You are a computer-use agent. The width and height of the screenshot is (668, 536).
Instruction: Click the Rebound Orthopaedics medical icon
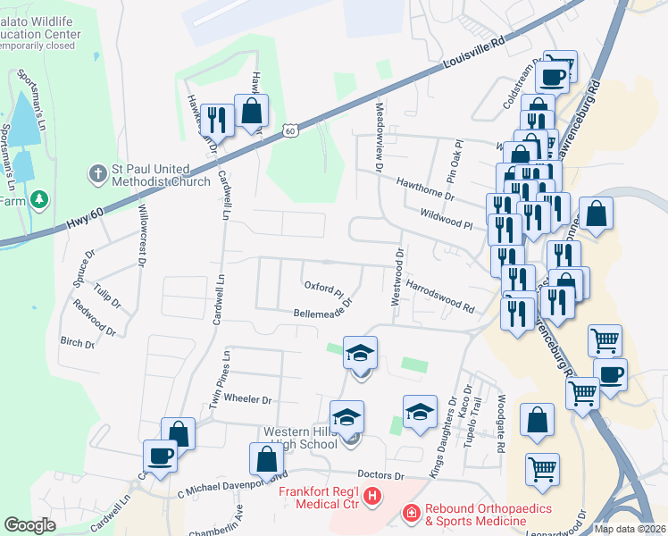click(x=411, y=513)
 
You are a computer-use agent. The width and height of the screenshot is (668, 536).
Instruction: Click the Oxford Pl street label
click(x=323, y=289)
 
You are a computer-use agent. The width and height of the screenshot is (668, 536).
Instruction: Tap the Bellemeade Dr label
click(x=322, y=314)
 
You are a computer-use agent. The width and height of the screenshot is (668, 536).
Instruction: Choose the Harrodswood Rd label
click(x=439, y=296)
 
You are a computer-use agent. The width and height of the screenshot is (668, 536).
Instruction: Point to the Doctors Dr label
click(x=380, y=475)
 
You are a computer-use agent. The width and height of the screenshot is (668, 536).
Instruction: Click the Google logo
click(x=30, y=524)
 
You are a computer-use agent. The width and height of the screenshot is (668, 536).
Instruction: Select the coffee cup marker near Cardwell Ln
click(x=161, y=456)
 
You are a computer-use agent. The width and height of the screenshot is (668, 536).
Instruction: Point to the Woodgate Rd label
click(x=501, y=422)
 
